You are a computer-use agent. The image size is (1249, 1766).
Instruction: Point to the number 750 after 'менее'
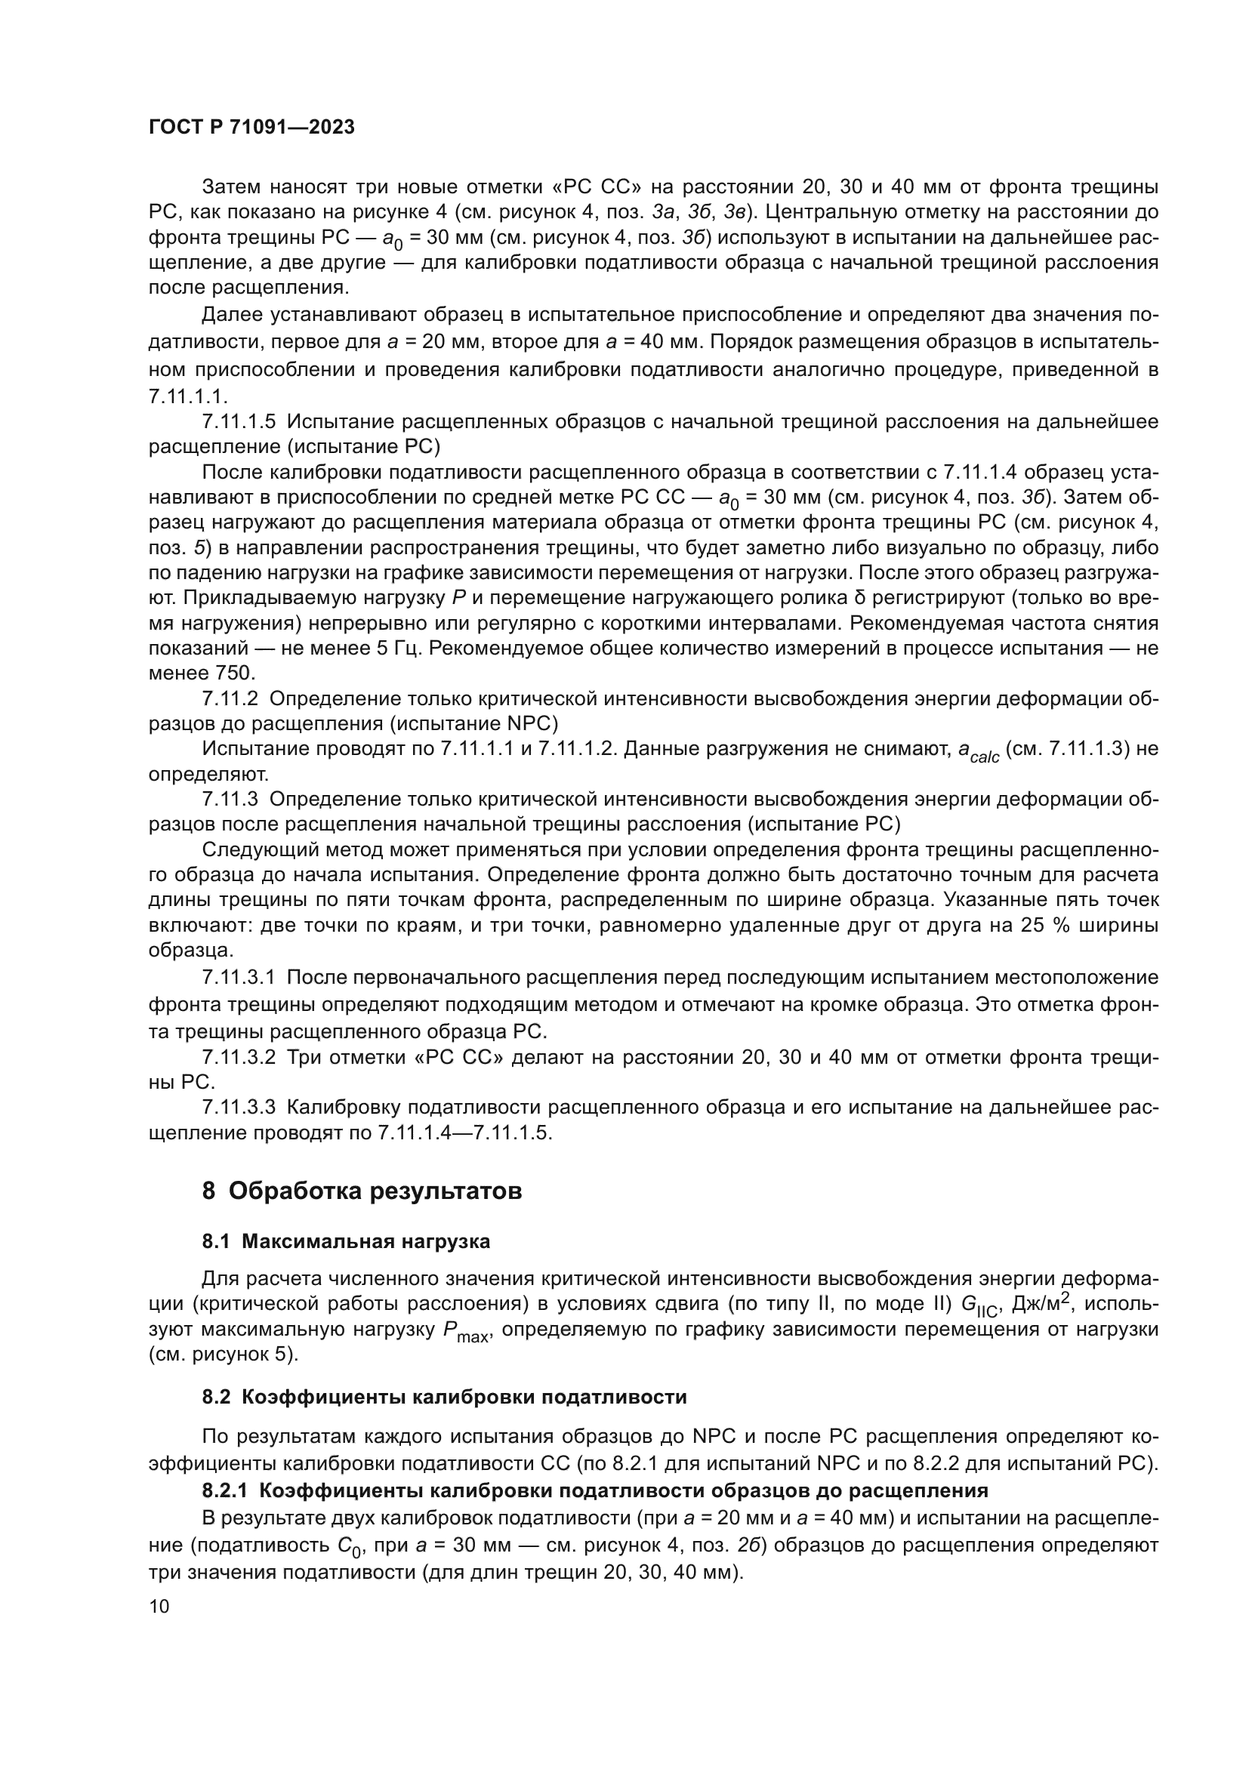pos(233,673)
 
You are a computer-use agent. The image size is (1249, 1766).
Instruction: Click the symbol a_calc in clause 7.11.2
pos(977,750)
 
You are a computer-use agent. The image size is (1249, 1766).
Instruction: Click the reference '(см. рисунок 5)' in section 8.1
pos(223,1355)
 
